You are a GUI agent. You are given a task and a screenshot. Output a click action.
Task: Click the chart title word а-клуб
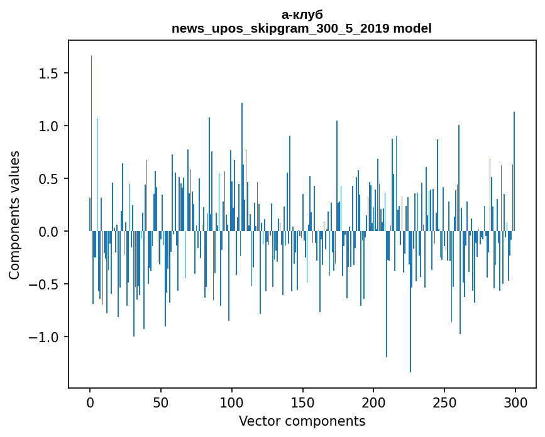tap(302, 14)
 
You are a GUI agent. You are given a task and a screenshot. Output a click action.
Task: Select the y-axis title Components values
tap(14, 215)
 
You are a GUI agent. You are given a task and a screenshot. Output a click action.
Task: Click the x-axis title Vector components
tap(302, 421)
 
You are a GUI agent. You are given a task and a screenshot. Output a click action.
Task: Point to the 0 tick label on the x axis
tap(90, 402)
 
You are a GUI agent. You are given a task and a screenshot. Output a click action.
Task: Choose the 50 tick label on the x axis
tap(161, 402)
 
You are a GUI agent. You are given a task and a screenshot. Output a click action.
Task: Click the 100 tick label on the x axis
tap(232, 402)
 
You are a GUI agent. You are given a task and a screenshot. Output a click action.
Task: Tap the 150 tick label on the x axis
tap(302, 402)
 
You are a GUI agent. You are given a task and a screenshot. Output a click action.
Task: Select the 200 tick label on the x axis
tap(373, 402)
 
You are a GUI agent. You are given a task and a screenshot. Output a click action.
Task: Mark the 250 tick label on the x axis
tap(444, 402)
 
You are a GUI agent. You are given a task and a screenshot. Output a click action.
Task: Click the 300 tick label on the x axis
tap(515, 402)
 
